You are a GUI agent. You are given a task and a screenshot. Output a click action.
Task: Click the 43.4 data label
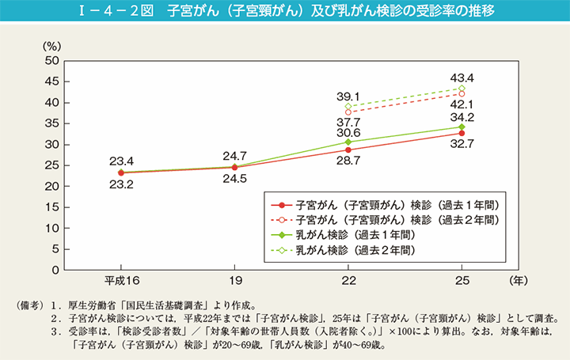pyautogui.click(x=462, y=78)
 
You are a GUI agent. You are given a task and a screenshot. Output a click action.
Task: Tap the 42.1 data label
pyautogui.click(x=462, y=104)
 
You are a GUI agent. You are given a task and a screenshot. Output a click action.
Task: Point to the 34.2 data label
pyautogui.click(x=462, y=116)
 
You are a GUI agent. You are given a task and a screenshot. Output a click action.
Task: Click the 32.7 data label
pyautogui.click(x=462, y=144)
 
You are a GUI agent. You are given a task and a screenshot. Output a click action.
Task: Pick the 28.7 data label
pyautogui.click(x=348, y=160)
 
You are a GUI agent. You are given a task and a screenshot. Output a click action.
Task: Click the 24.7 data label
pyautogui.click(x=235, y=155)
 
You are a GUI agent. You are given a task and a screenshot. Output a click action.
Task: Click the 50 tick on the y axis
pyautogui.click(x=52, y=61)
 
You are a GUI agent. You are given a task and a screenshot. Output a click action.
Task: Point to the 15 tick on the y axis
pyautogui.click(x=52, y=207)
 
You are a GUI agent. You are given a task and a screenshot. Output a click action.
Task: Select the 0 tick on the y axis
pyautogui.click(x=55, y=270)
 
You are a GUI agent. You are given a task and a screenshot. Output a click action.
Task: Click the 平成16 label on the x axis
pyautogui.click(x=121, y=282)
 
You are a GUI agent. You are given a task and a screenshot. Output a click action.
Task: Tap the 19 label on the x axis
pyautogui.click(x=235, y=282)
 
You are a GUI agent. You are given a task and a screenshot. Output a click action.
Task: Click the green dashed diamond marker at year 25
pyautogui.click(x=462, y=89)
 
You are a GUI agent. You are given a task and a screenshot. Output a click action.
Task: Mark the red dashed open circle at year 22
pyautogui.click(x=348, y=112)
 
